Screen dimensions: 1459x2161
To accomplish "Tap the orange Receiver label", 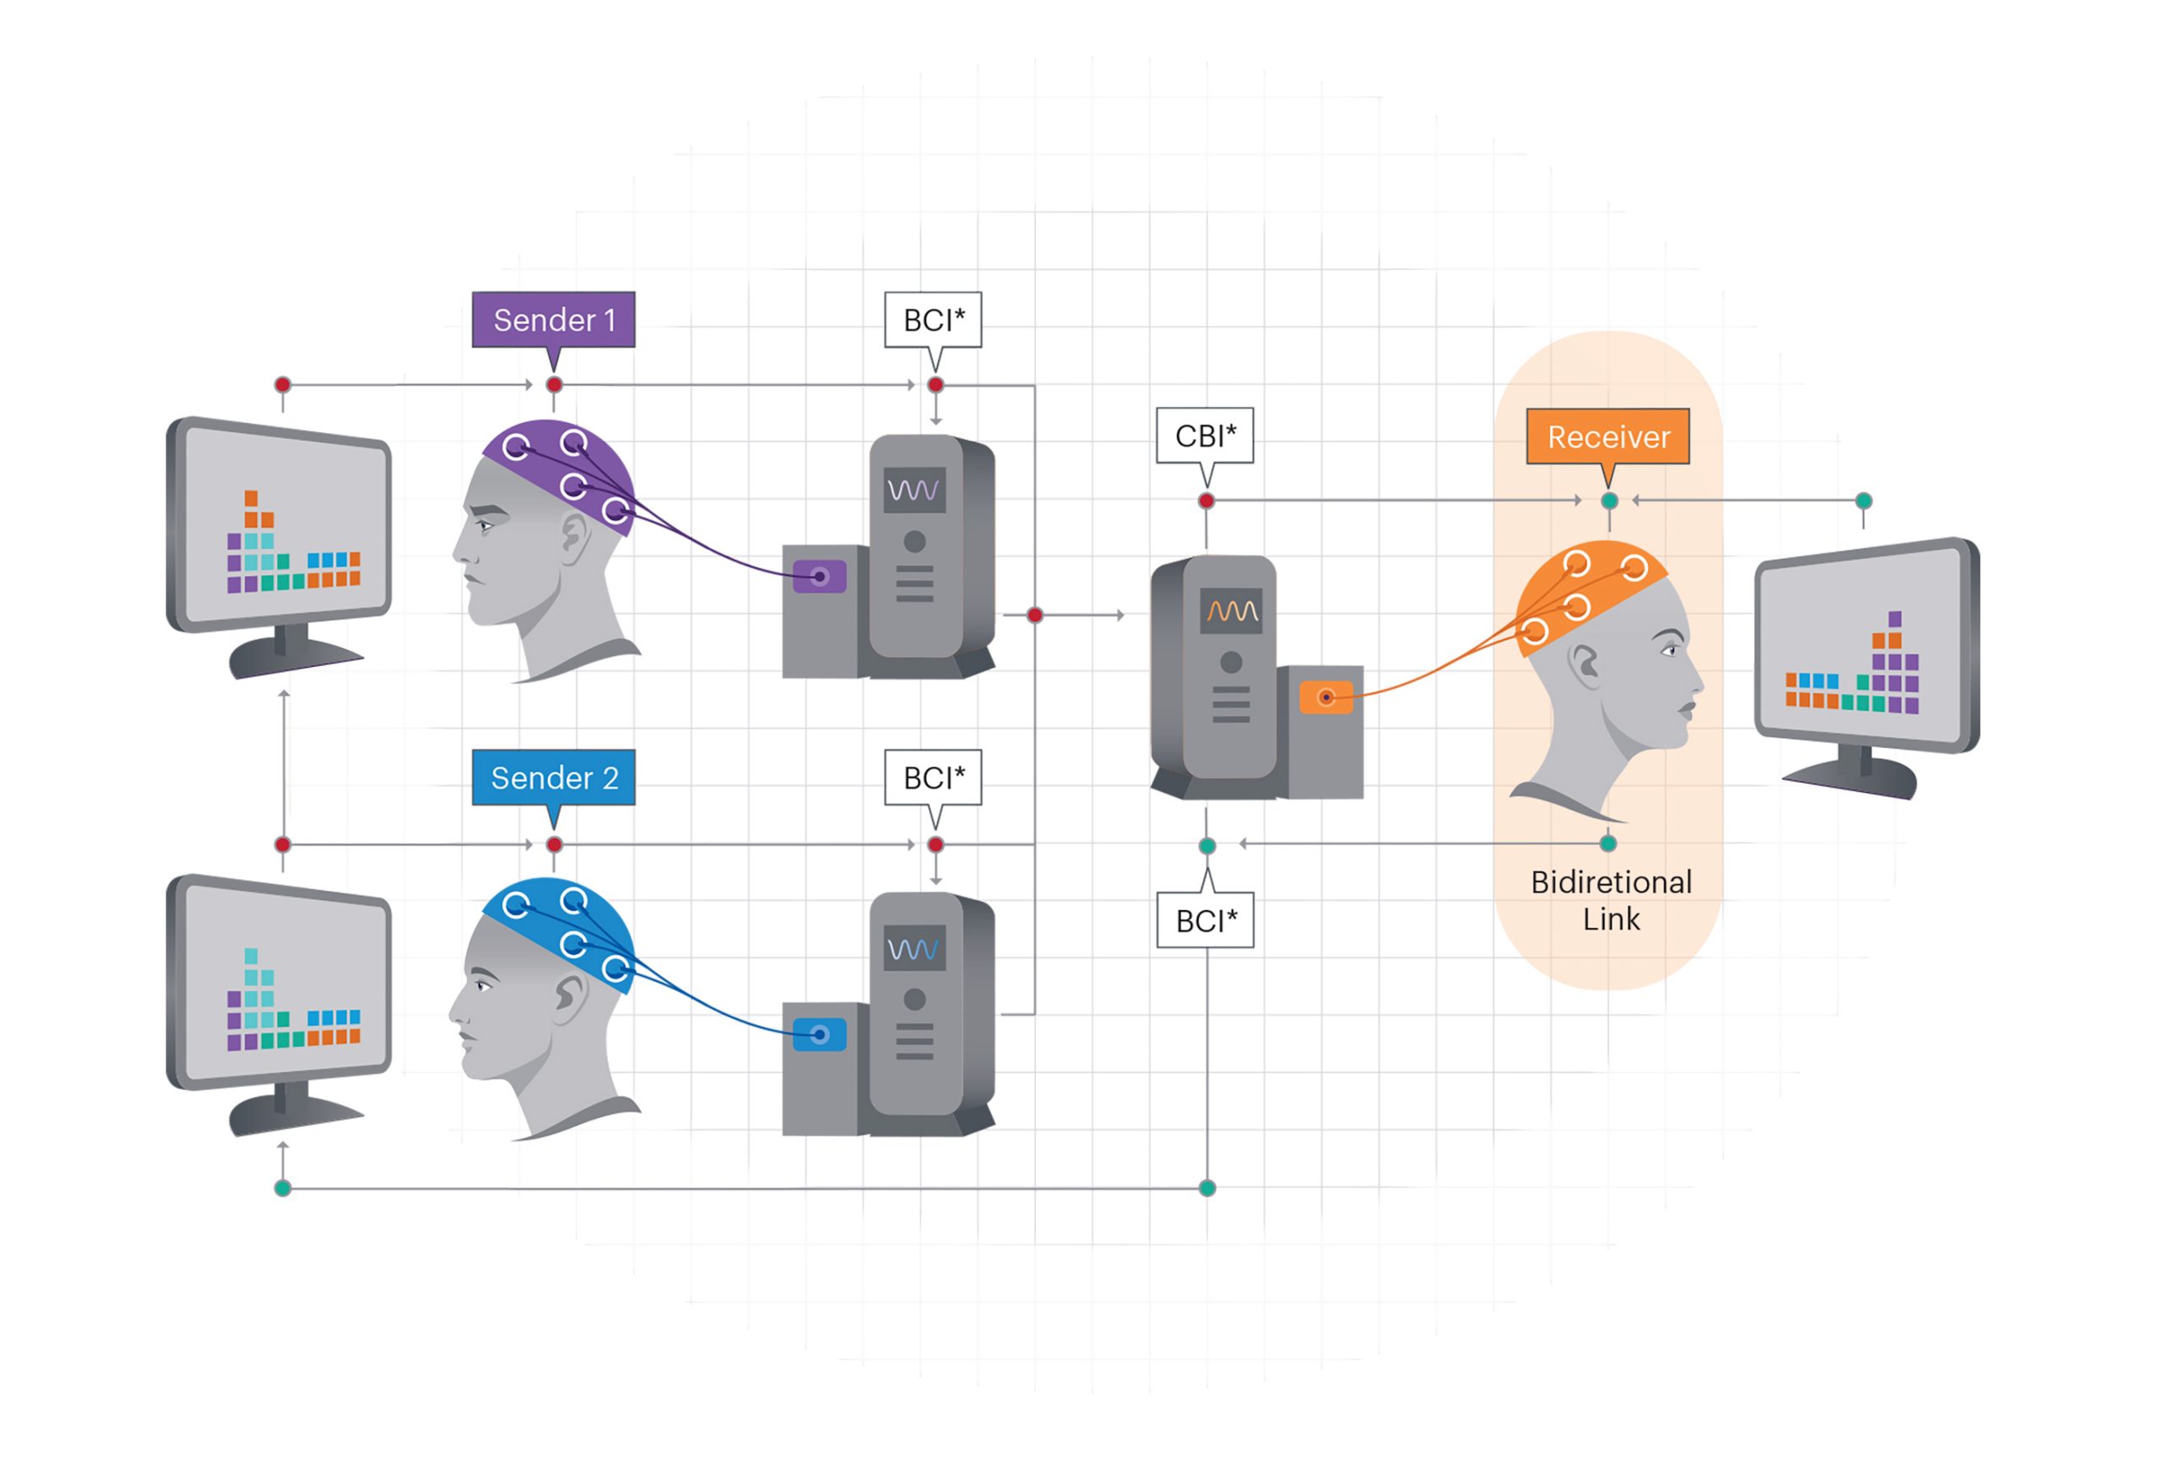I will pyautogui.click(x=1608, y=437).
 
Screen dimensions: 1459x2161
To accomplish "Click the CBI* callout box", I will pyautogui.click(x=1205, y=435).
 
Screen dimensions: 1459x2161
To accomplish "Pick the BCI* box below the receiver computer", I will pyautogui.click(x=1206, y=920).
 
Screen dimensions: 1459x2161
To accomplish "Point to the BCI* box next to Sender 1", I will pyautogui.click(x=934, y=320).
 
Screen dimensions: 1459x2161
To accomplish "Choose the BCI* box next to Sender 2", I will pyautogui.click(x=934, y=778).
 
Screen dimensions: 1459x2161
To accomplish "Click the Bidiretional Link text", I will pyautogui.click(x=1611, y=900).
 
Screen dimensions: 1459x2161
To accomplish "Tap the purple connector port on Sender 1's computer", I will pyautogui.click(x=819, y=577).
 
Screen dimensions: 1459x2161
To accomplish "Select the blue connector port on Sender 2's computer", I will pyautogui.click(x=819, y=1034).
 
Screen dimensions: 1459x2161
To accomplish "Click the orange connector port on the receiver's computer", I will pyautogui.click(x=1326, y=697).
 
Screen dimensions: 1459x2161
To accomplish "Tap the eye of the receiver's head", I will pyautogui.click(x=1669, y=650).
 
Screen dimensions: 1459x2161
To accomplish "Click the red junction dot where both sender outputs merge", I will pyautogui.click(x=1035, y=615).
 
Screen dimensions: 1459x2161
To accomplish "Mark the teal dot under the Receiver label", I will pyautogui.click(x=1610, y=501).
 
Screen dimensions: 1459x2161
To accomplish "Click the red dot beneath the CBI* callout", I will pyautogui.click(x=1206, y=502).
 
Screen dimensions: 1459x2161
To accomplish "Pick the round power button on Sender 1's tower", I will pyautogui.click(x=914, y=541).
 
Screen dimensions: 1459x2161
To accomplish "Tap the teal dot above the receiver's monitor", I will pyautogui.click(x=1864, y=501).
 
